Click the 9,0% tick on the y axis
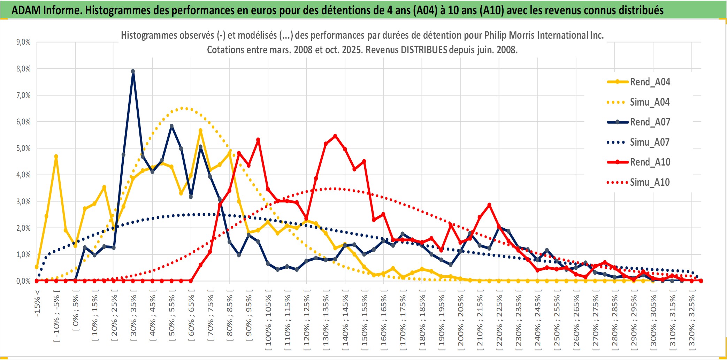pyautogui.click(x=23, y=42)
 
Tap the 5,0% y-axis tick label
pyautogui.click(x=23, y=148)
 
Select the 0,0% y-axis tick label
pyautogui.click(x=23, y=281)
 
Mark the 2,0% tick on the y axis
pyautogui.click(x=23, y=228)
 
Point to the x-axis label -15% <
pyautogui.click(x=37, y=303)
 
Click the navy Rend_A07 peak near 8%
pyautogui.click(x=133, y=71)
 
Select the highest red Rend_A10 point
pyautogui.click(x=335, y=136)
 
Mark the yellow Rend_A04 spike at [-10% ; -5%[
pyautogui.click(x=56, y=156)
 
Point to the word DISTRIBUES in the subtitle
pyautogui.click(x=424, y=50)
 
